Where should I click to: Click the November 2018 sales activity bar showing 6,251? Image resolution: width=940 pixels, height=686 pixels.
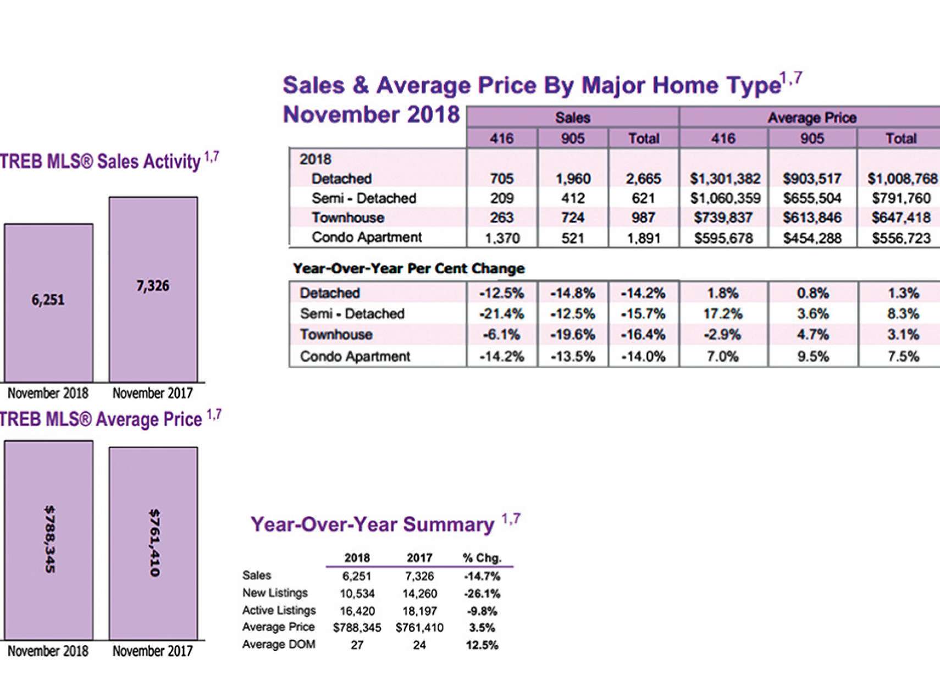tap(48, 302)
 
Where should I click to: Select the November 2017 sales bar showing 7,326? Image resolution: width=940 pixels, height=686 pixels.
tap(153, 289)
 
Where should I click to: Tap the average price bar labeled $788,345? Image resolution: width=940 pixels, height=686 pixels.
tap(48, 539)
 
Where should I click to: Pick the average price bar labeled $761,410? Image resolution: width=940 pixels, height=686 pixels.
tap(153, 543)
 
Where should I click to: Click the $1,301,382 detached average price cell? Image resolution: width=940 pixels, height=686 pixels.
tap(725, 179)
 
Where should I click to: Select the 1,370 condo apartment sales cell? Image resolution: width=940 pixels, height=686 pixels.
tap(502, 238)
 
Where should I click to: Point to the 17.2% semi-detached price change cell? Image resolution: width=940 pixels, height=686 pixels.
tap(723, 314)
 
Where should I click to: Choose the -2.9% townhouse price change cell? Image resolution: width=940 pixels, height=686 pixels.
tap(723, 335)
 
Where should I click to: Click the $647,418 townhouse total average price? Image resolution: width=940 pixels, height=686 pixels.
tap(900, 218)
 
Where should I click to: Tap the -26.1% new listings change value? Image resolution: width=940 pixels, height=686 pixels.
tap(482, 594)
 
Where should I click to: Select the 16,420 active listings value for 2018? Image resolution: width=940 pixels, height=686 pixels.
tap(357, 611)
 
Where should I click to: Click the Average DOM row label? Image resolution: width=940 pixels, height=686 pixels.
tap(279, 644)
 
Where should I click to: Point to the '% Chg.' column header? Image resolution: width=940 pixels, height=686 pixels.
tap(482, 558)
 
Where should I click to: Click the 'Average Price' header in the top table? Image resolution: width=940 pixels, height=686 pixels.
tap(811, 118)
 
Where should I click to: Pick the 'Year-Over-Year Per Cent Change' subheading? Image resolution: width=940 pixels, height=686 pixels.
tap(408, 269)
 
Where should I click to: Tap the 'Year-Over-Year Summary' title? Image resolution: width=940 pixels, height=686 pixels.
tap(373, 524)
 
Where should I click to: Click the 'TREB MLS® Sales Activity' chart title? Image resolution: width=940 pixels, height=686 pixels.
tap(100, 162)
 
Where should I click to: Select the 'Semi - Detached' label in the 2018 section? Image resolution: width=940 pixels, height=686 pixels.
tap(363, 198)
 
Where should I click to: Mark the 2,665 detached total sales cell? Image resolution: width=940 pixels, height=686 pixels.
tap(643, 179)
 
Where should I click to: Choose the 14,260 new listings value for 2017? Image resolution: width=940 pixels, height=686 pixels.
tap(419, 594)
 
